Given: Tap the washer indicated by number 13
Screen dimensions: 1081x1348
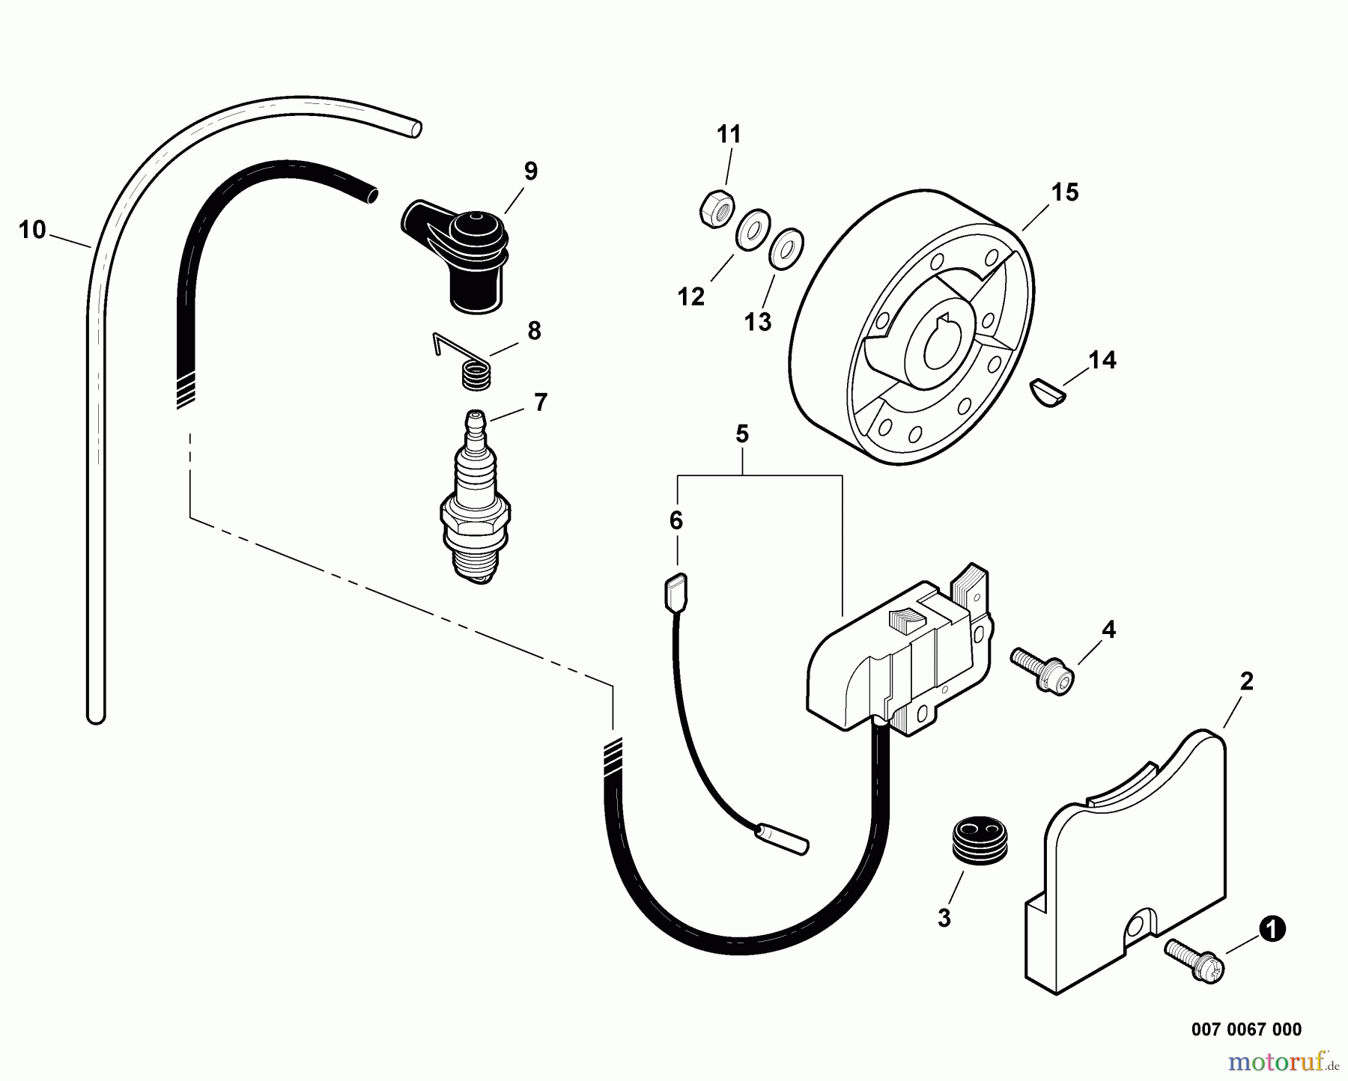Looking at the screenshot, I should (x=786, y=249).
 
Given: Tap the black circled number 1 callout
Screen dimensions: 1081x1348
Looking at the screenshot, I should (x=1272, y=930).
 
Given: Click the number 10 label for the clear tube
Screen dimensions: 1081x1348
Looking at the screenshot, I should (x=32, y=230).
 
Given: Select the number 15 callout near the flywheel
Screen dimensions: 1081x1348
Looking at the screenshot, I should (x=1064, y=192).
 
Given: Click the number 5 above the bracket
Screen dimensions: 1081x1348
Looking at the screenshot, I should (x=741, y=433).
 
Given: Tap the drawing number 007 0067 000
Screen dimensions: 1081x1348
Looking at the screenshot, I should (x=1246, y=1029).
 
